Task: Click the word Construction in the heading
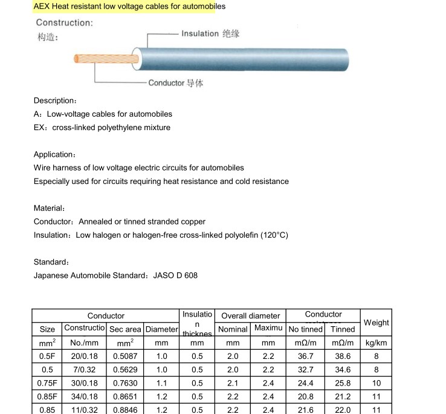point(63,23)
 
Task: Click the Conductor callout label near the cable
point(166,82)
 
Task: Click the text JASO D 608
point(175,275)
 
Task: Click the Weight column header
point(377,323)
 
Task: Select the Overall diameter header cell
point(250,315)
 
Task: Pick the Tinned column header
point(343,329)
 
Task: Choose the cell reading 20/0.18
point(85,356)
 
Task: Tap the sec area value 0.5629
point(125,370)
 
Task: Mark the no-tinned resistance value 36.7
point(306,356)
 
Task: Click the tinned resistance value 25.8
point(343,383)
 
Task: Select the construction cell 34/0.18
point(85,396)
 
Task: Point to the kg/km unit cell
point(377,343)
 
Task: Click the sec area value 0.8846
point(125,410)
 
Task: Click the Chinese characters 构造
point(46,37)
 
